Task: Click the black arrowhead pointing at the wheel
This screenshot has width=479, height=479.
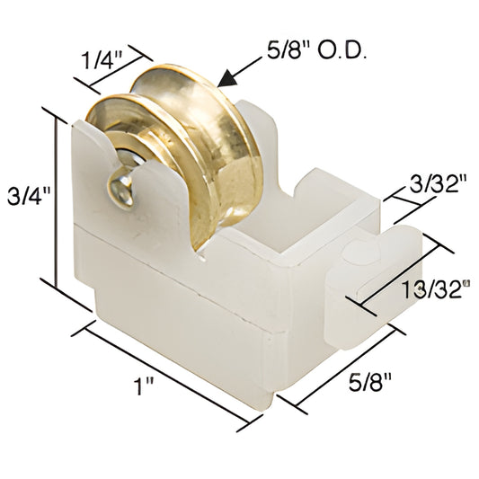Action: click(x=231, y=79)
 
